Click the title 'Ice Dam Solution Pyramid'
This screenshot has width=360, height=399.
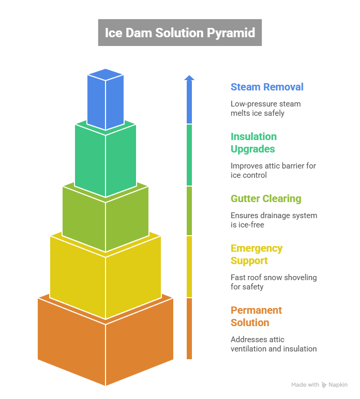point(179,33)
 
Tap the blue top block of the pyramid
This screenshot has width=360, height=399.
point(106,101)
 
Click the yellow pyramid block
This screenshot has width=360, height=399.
point(106,279)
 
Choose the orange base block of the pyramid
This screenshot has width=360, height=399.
point(106,346)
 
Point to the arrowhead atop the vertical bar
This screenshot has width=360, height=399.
point(189,78)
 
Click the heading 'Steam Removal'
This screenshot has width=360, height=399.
point(267,87)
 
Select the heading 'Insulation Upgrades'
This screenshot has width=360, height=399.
point(253,143)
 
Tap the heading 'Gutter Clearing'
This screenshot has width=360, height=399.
point(265,198)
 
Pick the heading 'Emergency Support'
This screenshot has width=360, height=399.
point(256,254)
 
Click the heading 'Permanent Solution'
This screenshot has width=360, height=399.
point(256,316)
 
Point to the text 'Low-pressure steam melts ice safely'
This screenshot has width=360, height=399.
point(265,109)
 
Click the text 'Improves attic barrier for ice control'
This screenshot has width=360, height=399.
point(273,171)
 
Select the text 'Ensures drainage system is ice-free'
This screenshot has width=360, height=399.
point(273,220)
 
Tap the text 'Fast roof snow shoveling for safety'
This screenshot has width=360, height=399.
point(273,282)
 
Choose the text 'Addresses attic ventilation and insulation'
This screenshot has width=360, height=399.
point(273,344)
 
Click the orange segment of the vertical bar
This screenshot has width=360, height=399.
point(189,328)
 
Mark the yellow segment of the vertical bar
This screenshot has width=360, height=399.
point(189,266)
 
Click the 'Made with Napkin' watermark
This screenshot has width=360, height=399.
point(319,385)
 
